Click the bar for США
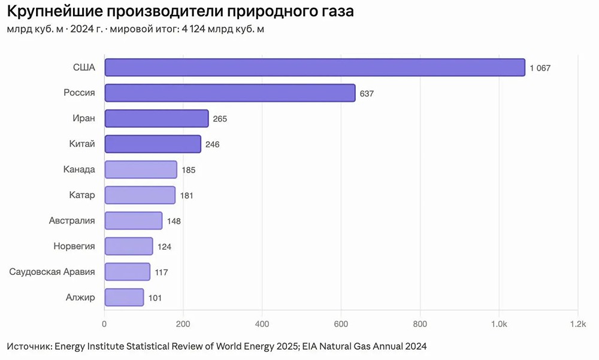pos(314,68)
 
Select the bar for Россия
pos(230,93)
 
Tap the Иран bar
pos(156,119)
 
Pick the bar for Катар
pos(140,195)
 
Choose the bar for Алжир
pos(124,297)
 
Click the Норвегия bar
pos(129,246)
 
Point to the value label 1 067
pos(540,68)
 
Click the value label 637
pos(367,93)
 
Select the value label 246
pos(212,144)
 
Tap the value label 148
pos(174,221)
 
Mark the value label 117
pos(161,272)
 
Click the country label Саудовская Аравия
pos(52,272)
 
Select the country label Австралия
pos(72,220)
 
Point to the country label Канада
pos(79,170)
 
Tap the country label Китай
pos(82,144)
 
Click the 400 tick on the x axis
pos(262,324)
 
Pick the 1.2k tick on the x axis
pos(577,324)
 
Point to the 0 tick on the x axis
pos(105,324)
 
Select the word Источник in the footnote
pos(29,347)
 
